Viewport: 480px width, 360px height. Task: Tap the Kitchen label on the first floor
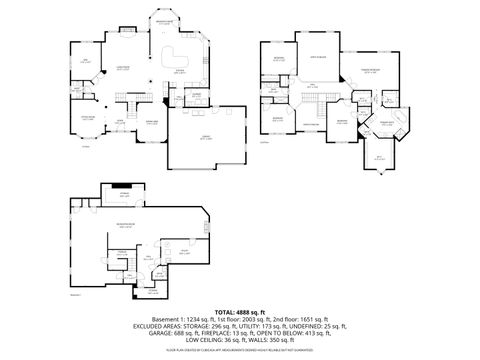179,71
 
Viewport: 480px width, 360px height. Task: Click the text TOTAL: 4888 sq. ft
239,311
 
